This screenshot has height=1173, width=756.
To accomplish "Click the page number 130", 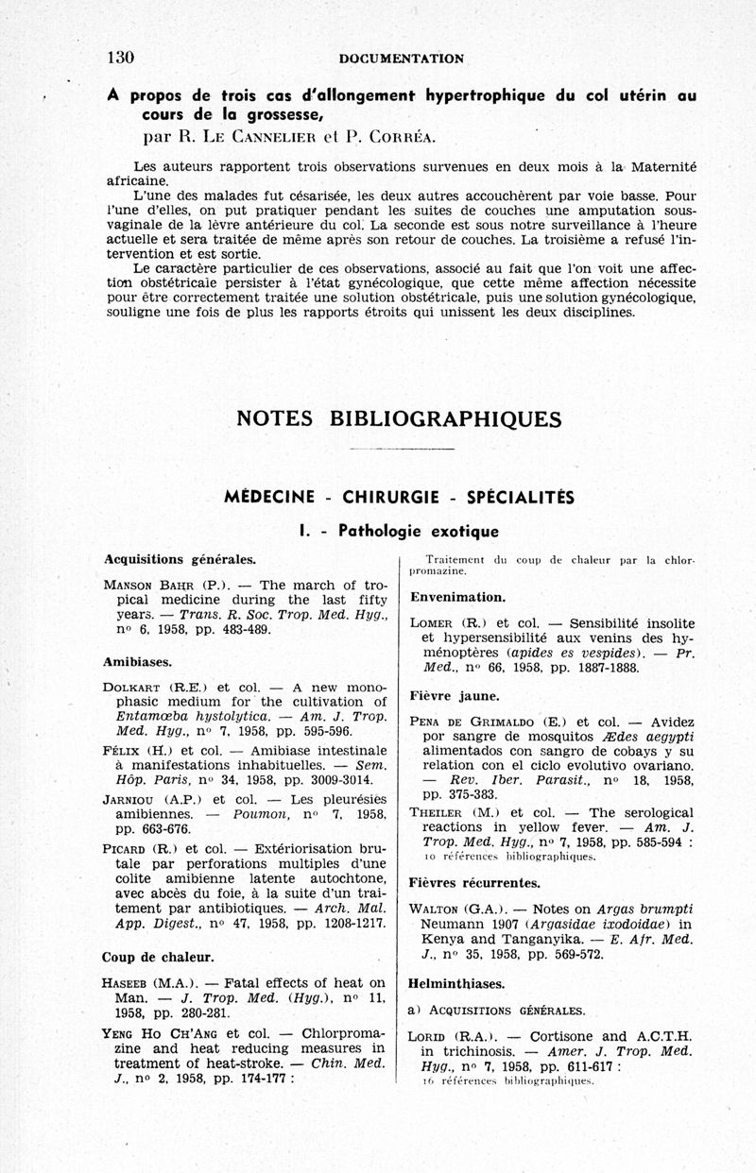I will [x=121, y=58].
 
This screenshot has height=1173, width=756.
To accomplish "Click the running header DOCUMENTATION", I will [x=402, y=59].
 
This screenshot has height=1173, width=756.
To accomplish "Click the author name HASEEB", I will [x=129, y=982].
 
